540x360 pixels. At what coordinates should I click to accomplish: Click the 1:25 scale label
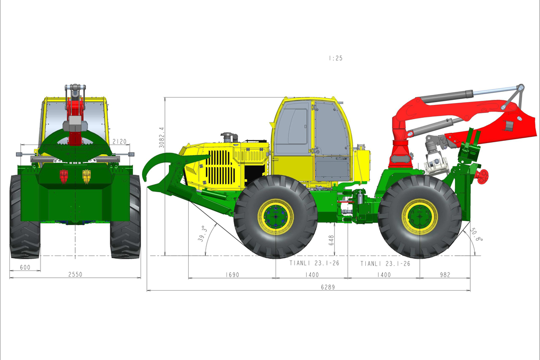[x=336, y=58]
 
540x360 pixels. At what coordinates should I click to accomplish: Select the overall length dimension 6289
[x=328, y=287]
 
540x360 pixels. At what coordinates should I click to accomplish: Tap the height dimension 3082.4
[x=162, y=137]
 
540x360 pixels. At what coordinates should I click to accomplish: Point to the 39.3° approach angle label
[x=202, y=234]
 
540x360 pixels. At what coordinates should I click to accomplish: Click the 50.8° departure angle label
[x=477, y=234]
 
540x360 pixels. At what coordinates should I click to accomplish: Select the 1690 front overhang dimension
[x=232, y=274]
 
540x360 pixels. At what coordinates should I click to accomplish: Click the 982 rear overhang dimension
[x=445, y=274]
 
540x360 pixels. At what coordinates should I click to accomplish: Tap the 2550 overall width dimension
[x=75, y=274]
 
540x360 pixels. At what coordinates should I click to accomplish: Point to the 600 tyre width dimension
[x=25, y=267]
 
